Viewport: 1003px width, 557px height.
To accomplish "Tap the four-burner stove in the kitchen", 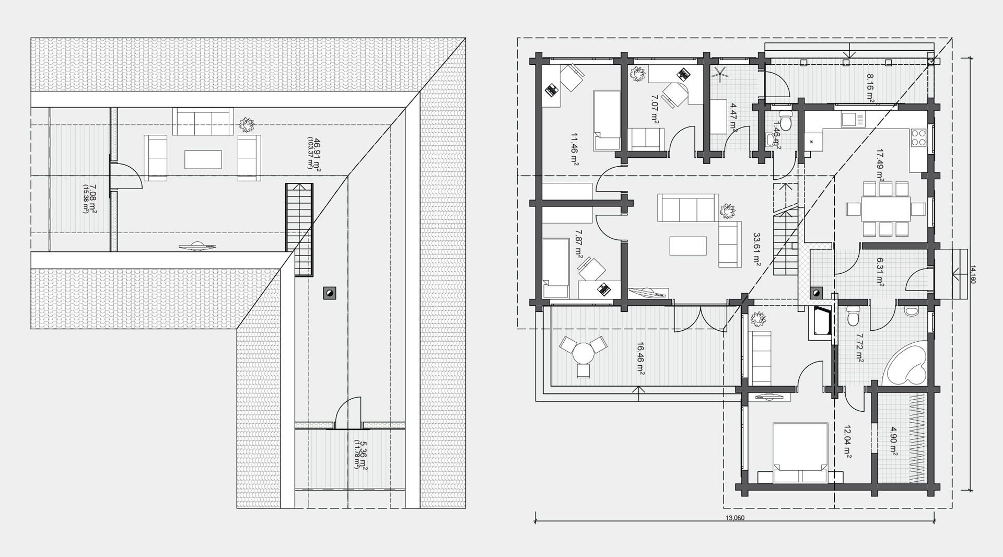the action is [x=918, y=137].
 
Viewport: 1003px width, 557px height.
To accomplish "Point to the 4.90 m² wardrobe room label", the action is [x=894, y=443].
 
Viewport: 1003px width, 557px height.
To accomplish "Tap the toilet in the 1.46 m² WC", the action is [x=786, y=120].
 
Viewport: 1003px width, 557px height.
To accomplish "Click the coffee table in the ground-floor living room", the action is [x=688, y=245].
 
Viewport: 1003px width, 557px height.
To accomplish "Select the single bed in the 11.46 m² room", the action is [x=607, y=120].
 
